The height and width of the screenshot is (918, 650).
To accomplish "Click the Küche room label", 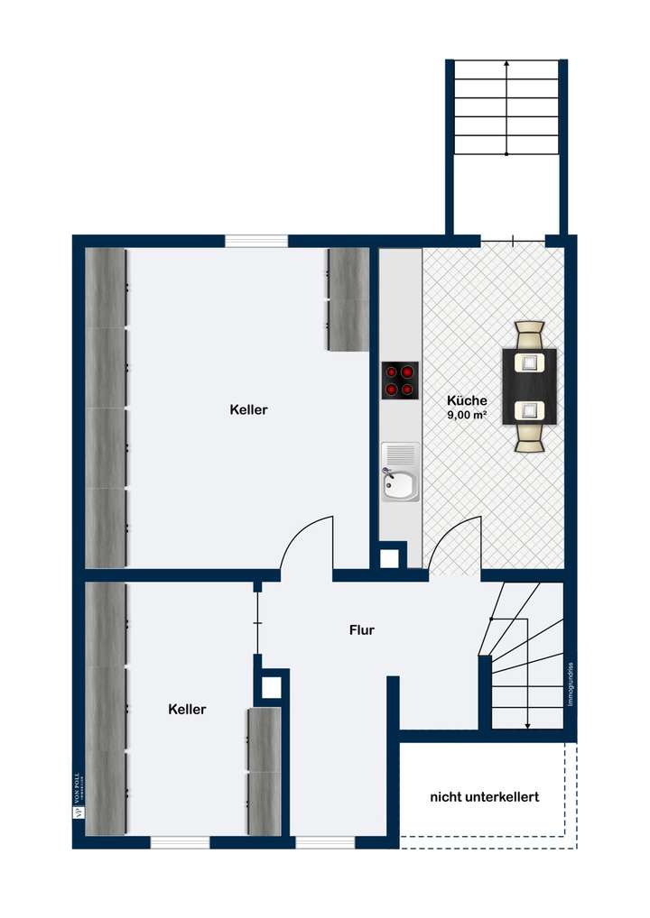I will pos(467,400).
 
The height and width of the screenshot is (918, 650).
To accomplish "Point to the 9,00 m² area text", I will pos(467,416).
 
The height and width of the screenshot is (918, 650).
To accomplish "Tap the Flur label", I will pos(361,630).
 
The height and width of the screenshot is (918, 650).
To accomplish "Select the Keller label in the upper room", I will pos(248,409).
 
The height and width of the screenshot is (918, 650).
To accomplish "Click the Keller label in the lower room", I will pos(187,710).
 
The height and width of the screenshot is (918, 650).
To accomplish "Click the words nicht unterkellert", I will pos(484,797).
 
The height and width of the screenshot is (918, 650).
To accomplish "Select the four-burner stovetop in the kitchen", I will pos(400,380).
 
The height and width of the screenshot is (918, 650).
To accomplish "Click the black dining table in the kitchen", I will pos(529,387).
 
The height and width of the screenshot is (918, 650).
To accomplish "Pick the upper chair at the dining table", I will pos(529,336).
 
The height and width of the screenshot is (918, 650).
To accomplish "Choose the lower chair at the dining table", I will pos(529,436).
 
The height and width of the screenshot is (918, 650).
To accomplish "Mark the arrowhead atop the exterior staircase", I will pos(506,64).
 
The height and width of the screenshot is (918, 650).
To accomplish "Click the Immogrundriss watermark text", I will pos(571,685).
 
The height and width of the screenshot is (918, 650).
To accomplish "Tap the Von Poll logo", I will pos(78,794).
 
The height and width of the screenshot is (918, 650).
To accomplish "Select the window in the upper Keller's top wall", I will pos(255,241).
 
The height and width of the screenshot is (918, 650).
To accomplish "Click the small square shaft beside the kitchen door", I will pos(388,558).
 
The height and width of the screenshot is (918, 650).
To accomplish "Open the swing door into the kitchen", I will pos(454,546).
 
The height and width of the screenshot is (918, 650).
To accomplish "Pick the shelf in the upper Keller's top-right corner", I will pos(348,298).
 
